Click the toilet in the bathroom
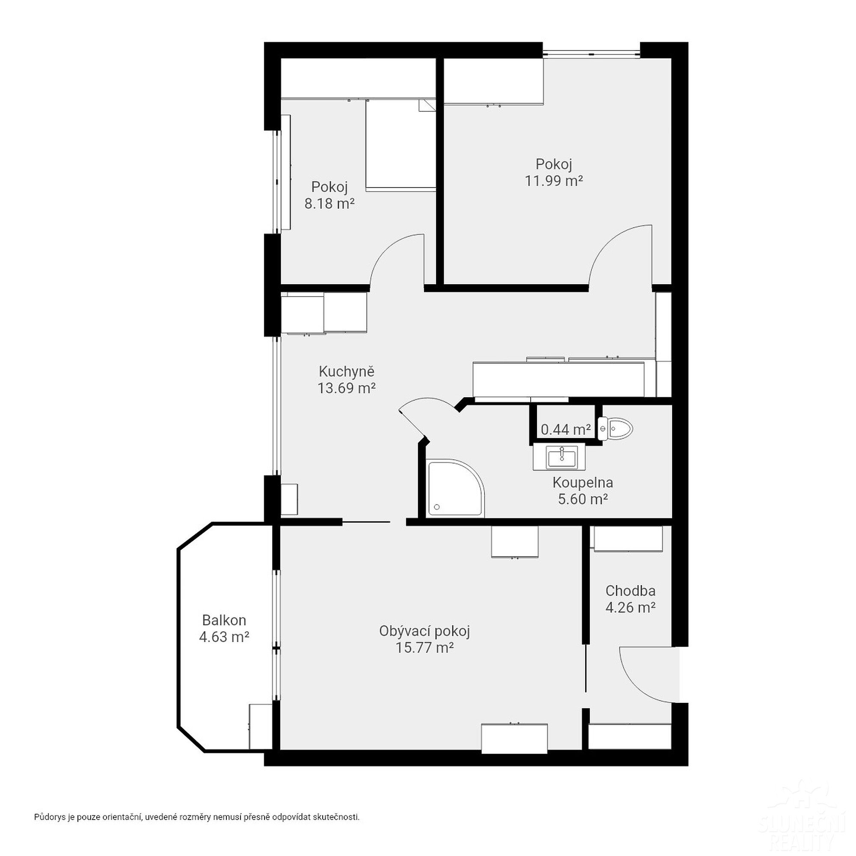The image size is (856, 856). coord(615,428)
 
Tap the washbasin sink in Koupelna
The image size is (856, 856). coord(562,456)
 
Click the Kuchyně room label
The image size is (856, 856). coord(347,371)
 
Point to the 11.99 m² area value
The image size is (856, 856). coord(554,181)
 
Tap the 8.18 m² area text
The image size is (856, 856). coord(329,203)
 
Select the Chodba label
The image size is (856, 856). coord(630,591)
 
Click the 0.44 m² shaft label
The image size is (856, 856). coord(566,429)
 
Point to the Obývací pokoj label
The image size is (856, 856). coord(425,631)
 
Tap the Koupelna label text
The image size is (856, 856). coord(583,482)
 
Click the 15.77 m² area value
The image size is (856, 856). coord(425,648)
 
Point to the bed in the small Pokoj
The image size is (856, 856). coord(401,146)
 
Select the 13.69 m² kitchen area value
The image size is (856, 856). coord(347,388)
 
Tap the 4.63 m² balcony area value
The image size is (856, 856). coord(224,637)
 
